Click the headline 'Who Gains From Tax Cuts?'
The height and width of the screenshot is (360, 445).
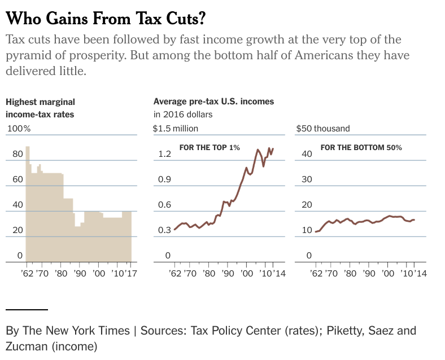coord(105,19)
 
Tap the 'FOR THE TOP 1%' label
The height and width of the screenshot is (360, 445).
coord(210,147)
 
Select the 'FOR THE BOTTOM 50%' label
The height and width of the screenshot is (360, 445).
coord(361,147)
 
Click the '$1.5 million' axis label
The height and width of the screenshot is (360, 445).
coord(176,128)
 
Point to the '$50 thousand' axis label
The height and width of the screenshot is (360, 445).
coord(323,128)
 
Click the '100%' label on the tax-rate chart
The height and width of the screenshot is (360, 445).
coord(18,128)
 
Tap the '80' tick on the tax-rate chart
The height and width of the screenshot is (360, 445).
coord(18,154)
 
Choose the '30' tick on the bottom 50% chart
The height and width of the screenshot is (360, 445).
coord(307,179)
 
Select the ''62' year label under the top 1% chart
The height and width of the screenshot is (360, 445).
coord(175,274)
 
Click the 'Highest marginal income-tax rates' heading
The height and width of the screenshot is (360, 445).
coord(40,108)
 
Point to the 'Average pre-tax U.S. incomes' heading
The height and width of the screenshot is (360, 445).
coord(213,102)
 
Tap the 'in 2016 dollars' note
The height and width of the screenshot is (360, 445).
coord(182,114)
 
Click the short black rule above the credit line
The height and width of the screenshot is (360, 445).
coord(27,309)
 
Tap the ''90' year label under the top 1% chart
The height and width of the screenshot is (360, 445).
coord(228,274)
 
